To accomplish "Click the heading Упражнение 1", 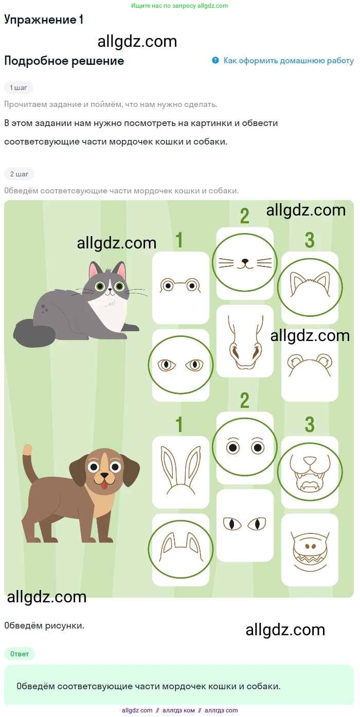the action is (x=44, y=20).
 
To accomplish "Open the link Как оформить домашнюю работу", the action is (x=289, y=61).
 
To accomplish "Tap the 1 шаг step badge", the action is (x=19, y=88).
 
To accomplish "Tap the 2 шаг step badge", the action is (x=19, y=174).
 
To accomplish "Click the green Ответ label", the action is (x=20, y=654).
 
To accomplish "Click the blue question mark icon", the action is (x=215, y=60).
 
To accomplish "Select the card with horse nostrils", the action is (x=245, y=341).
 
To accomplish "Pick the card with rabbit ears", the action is (x=181, y=472).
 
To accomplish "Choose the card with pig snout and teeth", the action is (x=310, y=550).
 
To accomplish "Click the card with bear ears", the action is (x=310, y=365).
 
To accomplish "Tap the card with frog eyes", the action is (x=181, y=288).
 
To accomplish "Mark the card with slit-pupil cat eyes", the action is (x=245, y=525).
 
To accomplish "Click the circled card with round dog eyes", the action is (x=245, y=447).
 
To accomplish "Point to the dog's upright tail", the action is (x=30, y=462).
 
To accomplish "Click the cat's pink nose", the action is (x=110, y=290).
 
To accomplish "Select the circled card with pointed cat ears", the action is (x=310, y=288).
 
